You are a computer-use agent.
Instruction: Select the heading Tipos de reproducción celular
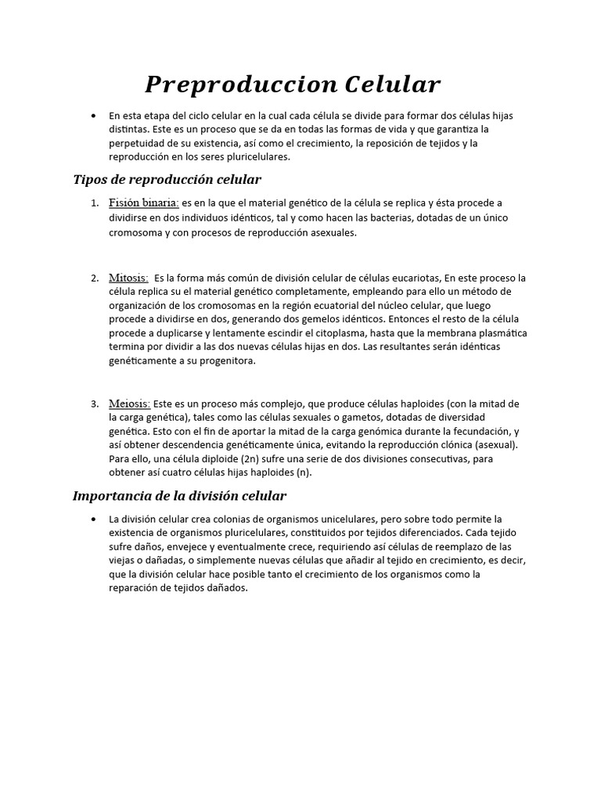(x=167, y=180)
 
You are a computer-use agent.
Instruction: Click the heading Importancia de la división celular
(x=179, y=495)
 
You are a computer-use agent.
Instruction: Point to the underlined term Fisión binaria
(x=144, y=203)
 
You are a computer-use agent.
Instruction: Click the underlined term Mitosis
(x=128, y=278)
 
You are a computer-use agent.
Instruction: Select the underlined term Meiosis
(x=130, y=404)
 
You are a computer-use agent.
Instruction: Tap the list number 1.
(x=94, y=204)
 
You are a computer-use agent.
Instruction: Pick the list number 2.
(x=94, y=278)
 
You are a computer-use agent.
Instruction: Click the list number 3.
(x=94, y=404)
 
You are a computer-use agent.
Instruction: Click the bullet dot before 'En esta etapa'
(x=94, y=116)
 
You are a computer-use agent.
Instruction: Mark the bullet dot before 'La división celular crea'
(x=94, y=519)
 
